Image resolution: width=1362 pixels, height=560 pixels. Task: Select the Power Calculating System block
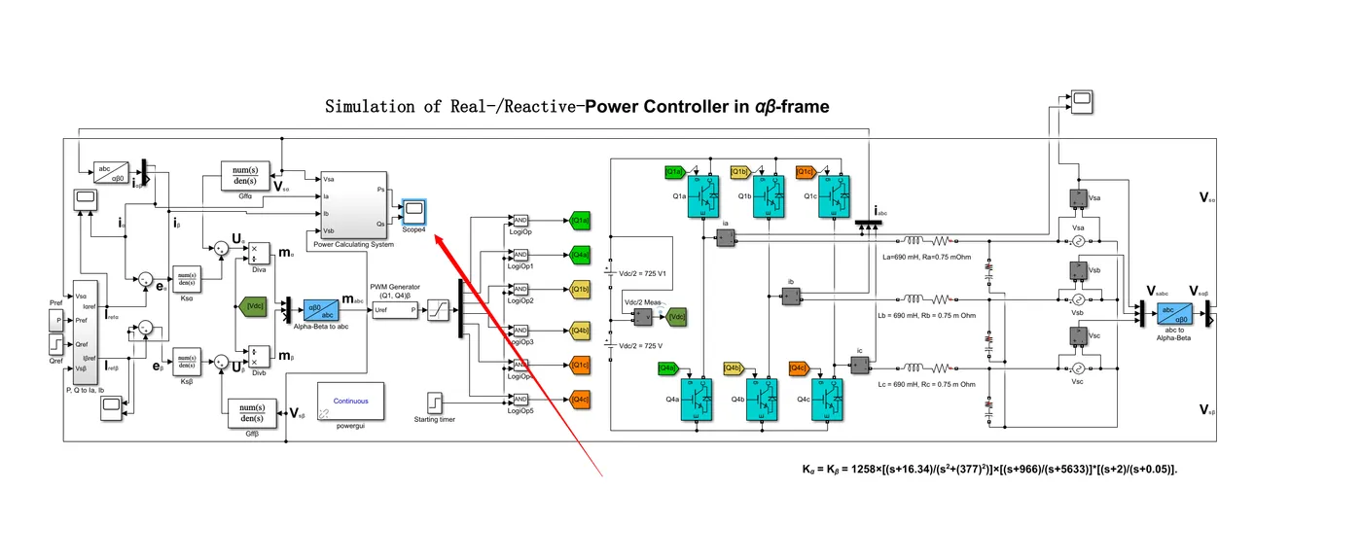point(353,204)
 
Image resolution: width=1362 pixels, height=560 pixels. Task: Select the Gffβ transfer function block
point(252,412)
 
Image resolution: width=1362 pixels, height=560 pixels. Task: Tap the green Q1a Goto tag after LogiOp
point(580,221)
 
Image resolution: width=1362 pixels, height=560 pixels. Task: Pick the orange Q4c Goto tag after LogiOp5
point(580,400)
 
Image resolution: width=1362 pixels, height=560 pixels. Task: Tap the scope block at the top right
point(1082,99)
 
